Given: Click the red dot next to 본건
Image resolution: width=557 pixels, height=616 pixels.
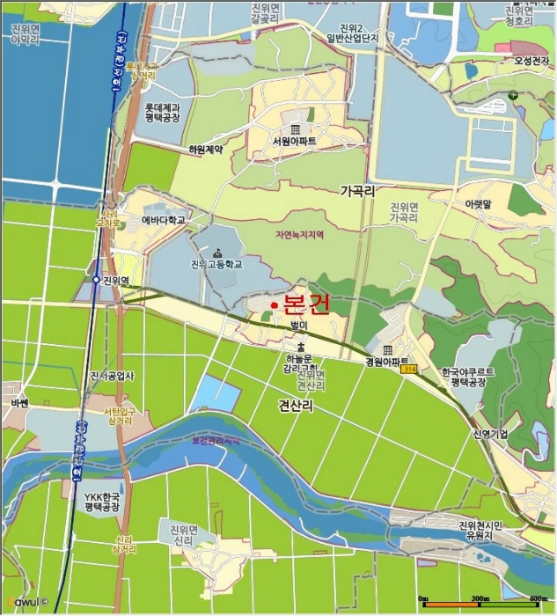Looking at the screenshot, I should coord(275,304).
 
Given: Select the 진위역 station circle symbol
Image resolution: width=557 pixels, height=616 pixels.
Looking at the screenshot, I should coord(96,280).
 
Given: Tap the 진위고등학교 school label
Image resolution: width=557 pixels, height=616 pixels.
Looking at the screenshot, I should coord(216,264).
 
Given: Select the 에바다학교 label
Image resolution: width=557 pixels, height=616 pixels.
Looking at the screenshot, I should coord(163,220).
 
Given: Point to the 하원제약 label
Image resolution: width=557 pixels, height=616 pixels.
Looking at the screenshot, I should coord(206,150).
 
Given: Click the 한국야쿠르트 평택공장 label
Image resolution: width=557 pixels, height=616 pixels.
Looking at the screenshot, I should coord(468,378).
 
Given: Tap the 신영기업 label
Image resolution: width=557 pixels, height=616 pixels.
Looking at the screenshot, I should coord(490,434).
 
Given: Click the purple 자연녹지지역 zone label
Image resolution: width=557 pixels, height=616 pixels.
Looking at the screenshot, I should coord(300,235).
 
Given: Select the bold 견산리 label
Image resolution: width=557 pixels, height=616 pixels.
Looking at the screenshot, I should coord(296,404).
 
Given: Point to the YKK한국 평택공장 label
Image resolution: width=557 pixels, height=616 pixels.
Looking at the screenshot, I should coord(102,502).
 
